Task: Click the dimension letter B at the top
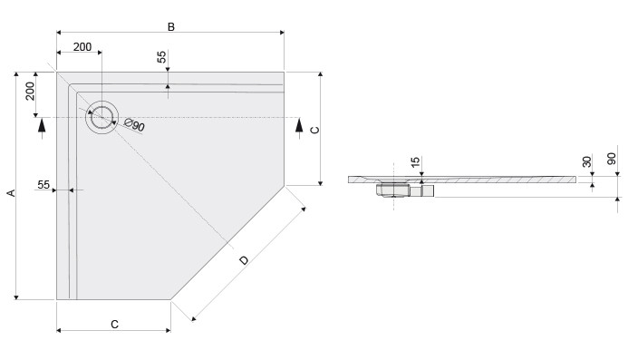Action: [170, 27]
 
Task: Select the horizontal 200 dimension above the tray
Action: [82, 47]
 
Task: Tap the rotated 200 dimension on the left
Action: [30, 91]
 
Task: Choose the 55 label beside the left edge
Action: [43, 184]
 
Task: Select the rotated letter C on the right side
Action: [314, 130]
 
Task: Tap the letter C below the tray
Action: [114, 324]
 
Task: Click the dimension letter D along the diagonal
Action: [243, 261]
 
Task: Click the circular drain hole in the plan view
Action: [101, 117]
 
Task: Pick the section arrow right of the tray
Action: [298, 127]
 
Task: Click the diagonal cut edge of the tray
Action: [227, 243]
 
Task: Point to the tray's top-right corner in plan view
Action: [284, 73]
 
